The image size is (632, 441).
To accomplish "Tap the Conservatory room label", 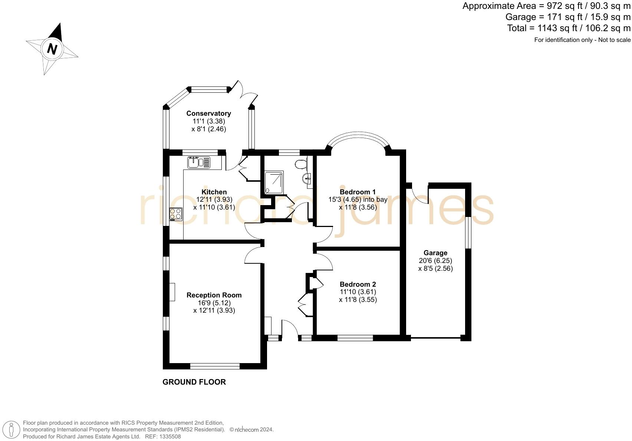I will click(208, 113).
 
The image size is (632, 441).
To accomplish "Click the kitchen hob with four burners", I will click(176, 214).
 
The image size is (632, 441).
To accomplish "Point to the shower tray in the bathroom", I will click(274, 182).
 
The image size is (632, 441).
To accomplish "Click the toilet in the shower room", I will click(301, 164).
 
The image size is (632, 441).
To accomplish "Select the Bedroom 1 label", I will click(358, 192).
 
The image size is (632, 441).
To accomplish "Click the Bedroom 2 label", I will click(358, 284).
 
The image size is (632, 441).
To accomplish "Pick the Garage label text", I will click(435, 253).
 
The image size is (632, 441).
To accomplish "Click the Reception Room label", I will click(214, 295).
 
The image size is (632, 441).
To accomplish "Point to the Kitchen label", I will click(214, 192).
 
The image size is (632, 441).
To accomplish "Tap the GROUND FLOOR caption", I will click(194, 382).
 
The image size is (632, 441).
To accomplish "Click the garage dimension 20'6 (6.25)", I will click(435, 261).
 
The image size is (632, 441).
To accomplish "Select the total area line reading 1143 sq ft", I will click(569, 28).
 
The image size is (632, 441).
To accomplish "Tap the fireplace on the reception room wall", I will click(172, 292).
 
